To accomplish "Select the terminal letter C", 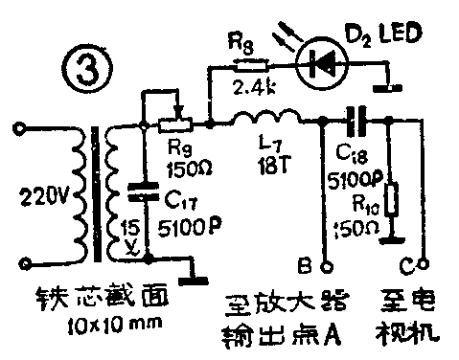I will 409,257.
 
